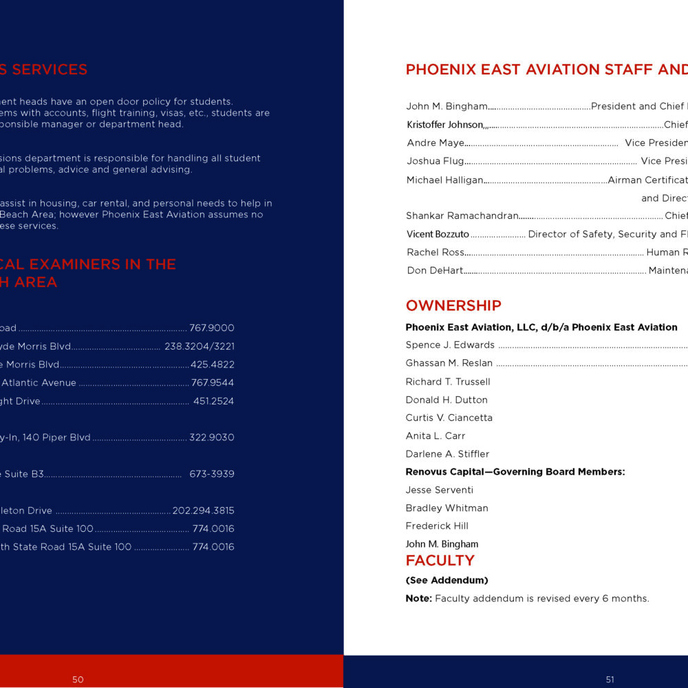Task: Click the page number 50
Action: pyautogui.click(x=78, y=680)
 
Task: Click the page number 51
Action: pyautogui.click(x=610, y=680)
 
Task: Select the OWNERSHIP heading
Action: pyautogui.click(x=453, y=305)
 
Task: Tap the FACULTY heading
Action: pyautogui.click(x=440, y=561)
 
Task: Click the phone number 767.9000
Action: pyautogui.click(x=212, y=328)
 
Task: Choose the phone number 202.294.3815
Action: pyautogui.click(x=203, y=510)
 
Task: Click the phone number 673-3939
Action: pyautogui.click(x=212, y=474)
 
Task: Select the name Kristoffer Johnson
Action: pyautogui.click(x=444, y=125)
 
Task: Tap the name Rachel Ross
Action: pyautogui.click(x=436, y=252)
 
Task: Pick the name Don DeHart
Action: pyautogui.click(x=435, y=270)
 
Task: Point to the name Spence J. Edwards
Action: pyautogui.click(x=450, y=345)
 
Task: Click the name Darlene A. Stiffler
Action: pyautogui.click(x=447, y=454)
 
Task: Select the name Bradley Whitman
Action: pyautogui.click(x=447, y=508)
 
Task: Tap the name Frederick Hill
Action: pyautogui.click(x=437, y=526)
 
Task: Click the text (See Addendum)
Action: pyautogui.click(x=447, y=581)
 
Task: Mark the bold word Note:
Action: pyautogui.click(x=418, y=599)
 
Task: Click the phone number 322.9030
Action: pyautogui.click(x=212, y=438)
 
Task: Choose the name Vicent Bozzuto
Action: pyautogui.click(x=438, y=235)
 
